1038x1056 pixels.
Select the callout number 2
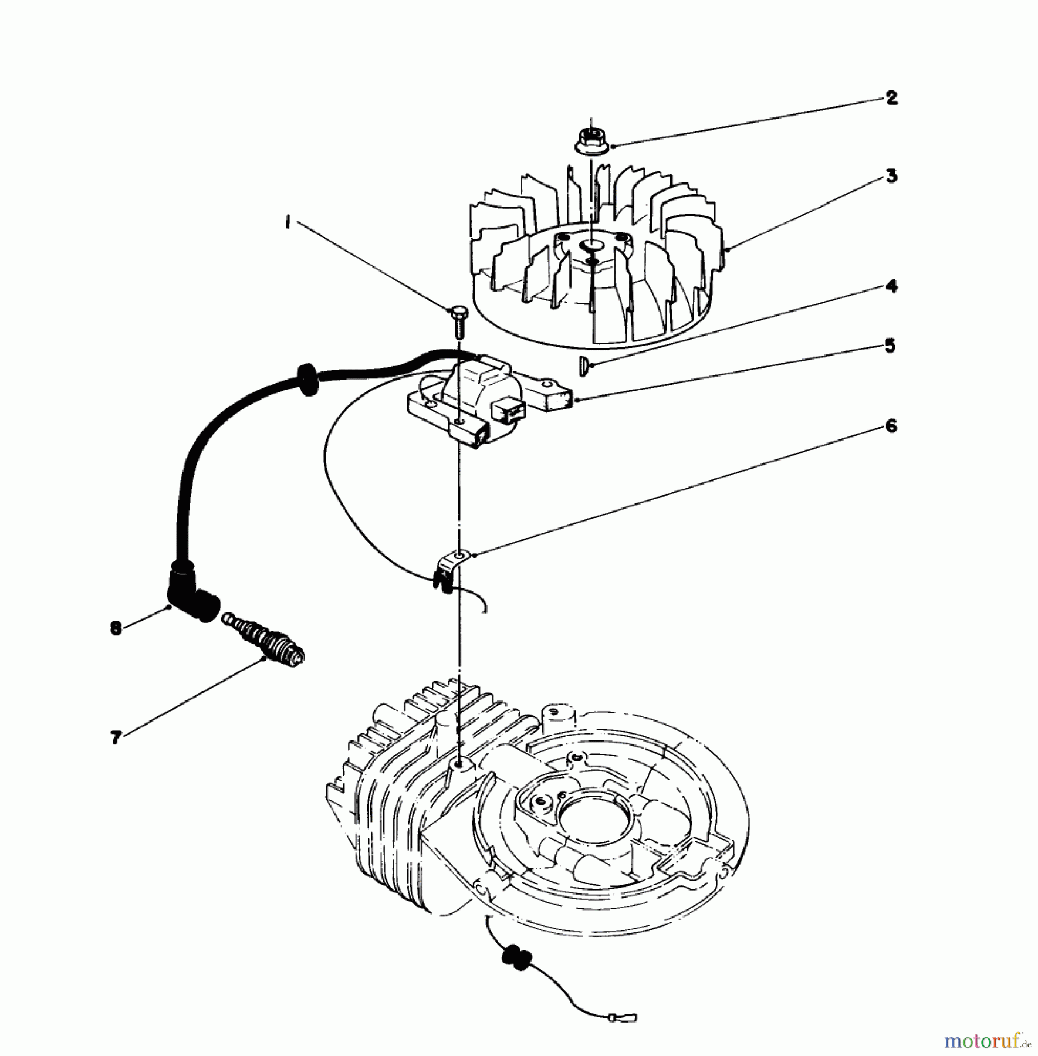(891, 98)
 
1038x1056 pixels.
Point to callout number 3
(891, 176)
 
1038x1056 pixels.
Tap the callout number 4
(891, 287)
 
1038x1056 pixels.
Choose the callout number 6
(891, 425)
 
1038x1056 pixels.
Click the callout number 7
(116, 737)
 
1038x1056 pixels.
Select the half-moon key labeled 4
(583, 365)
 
